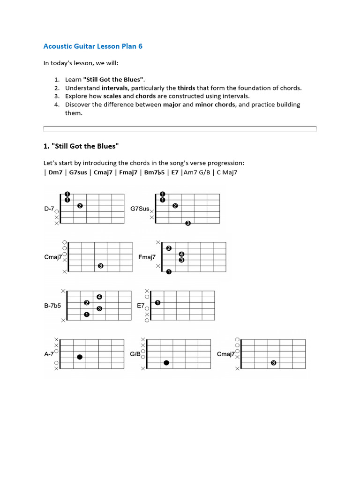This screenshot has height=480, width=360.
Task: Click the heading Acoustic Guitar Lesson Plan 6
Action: click(x=93, y=46)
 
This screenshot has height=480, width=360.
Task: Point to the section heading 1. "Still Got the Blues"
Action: click(x=81, y=146)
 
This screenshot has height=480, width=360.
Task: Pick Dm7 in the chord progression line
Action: click(x=56, y=172)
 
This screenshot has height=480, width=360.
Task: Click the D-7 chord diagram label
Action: click(x=49, y=209)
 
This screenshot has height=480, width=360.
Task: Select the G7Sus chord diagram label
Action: click(x=140, y=209)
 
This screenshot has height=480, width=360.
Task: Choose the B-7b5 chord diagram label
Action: click(x=52, y=306)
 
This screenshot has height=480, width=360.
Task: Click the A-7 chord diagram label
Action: click(x=49, y=354)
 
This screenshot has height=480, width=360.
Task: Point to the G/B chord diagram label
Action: click(x=135, y=354)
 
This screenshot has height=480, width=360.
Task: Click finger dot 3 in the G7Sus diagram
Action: click(x=188, y=223)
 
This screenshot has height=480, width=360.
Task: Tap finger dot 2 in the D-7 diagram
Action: click(x=80, y=206)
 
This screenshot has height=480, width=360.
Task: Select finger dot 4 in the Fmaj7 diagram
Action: click(x=181, y=254)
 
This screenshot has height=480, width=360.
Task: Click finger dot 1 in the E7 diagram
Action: click(x=157, y=303)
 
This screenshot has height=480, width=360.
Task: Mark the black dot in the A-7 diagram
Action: click(x=80, y=357)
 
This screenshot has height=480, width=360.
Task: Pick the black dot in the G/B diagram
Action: click(x=166, y=363)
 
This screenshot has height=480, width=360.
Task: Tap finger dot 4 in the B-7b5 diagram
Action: click(x=99, y=297)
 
